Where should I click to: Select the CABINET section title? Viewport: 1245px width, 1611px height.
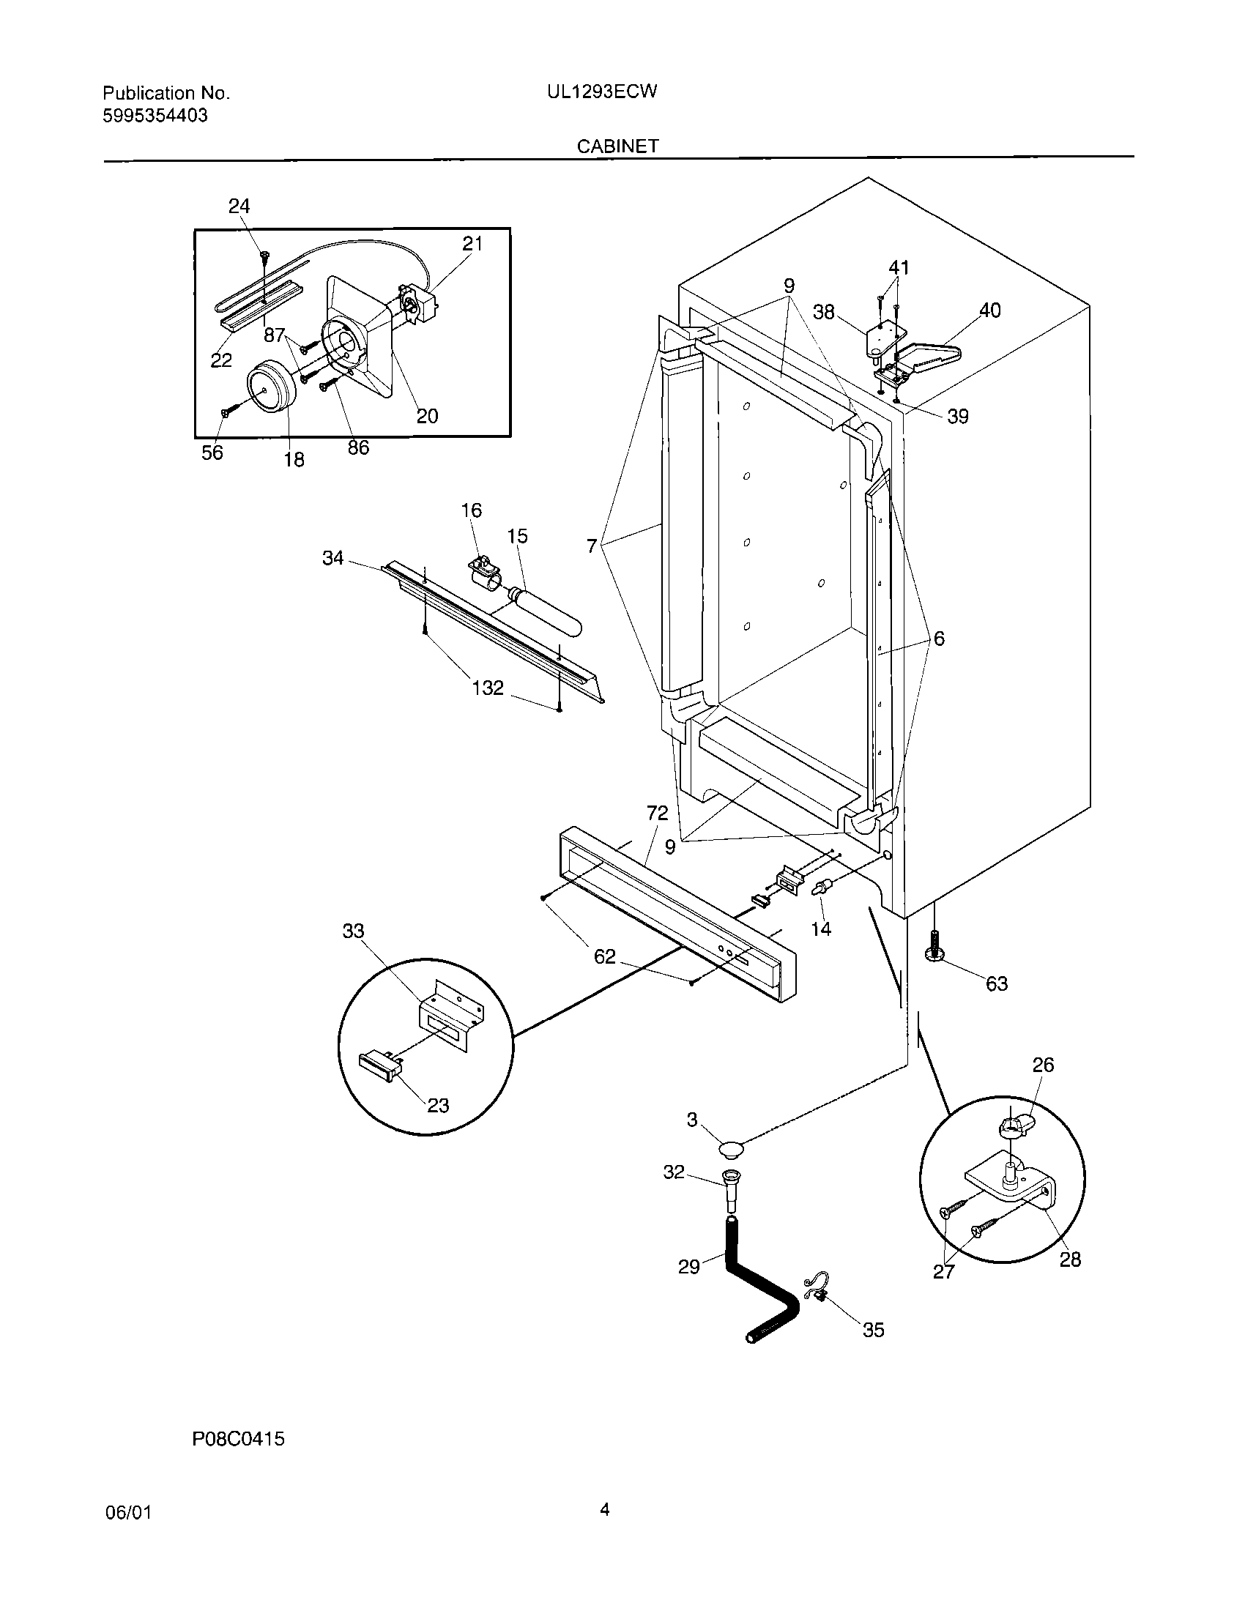[x=617, y=146]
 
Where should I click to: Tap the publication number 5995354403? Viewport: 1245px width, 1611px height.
[x=155, y=115]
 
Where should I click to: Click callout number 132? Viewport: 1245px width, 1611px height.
[x=488, y=688]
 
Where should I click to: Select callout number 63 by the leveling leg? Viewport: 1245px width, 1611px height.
[x=997, y=983]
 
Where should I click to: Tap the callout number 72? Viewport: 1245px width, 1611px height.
[x=657, y=813]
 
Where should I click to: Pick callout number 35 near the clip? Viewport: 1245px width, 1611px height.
[x=873, y=1329]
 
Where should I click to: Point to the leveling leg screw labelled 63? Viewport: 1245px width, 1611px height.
[x=935, y=946]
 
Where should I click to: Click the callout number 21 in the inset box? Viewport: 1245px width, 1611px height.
[x=472, y=243]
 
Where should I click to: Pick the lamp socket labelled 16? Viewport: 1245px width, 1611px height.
[x=483, y=570]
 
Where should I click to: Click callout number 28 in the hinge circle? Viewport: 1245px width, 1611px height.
[x=1070, y=1260]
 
